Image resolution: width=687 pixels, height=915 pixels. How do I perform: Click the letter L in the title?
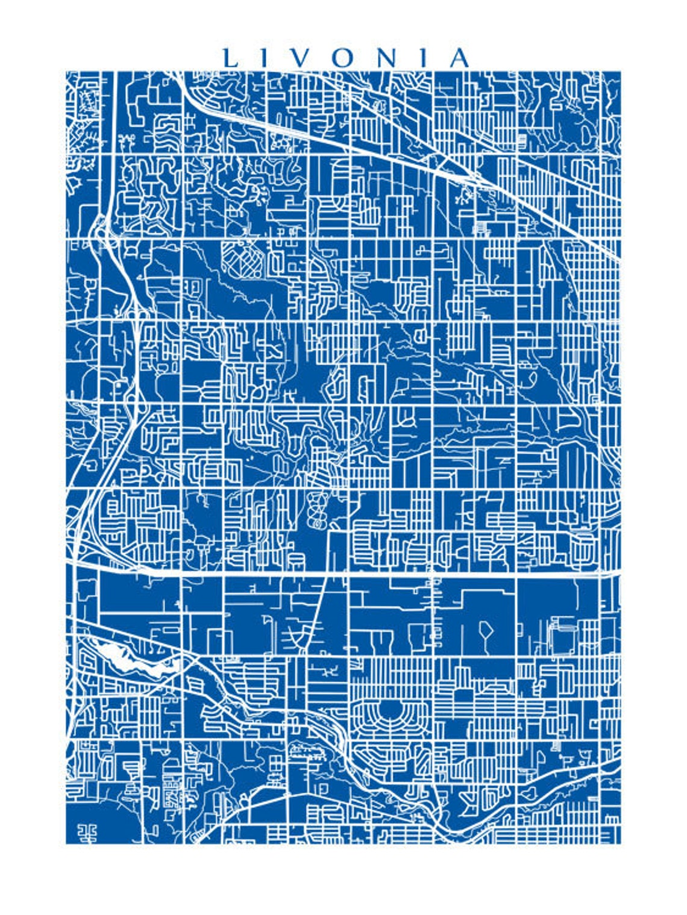pos(230,58)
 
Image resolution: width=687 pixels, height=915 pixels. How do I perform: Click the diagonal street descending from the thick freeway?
pos(318,614)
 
